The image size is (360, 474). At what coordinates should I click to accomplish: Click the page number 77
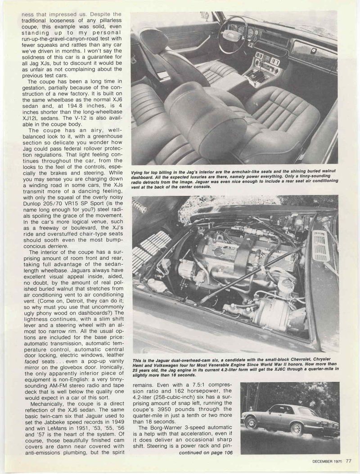coord(349,460)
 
